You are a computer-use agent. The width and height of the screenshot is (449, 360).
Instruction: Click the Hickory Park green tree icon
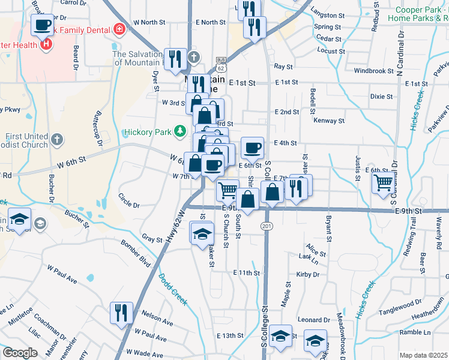179,131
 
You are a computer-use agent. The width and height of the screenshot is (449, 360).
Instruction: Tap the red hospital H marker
45,44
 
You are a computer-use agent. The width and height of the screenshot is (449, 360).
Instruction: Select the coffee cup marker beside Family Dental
42,25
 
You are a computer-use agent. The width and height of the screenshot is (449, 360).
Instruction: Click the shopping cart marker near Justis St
383,182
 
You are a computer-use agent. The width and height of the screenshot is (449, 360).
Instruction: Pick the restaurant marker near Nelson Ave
121,313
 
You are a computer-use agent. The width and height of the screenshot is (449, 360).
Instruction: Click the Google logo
20,353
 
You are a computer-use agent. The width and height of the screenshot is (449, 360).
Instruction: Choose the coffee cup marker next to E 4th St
252,147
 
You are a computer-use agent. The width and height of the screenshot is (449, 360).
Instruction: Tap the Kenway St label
328,121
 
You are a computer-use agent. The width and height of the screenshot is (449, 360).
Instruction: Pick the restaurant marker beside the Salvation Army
175,58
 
